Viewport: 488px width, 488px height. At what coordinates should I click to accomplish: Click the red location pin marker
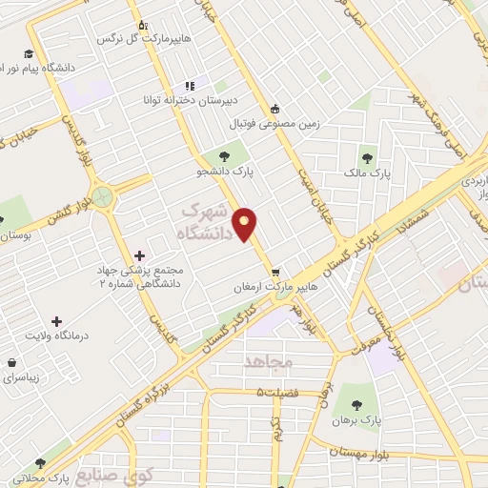[246, 225]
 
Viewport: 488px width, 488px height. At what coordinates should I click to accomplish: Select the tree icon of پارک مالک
[367, 158]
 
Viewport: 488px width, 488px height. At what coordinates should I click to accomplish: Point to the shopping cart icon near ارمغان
[275, 270]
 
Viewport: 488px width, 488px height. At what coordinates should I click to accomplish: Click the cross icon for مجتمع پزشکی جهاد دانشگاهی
[141, 254]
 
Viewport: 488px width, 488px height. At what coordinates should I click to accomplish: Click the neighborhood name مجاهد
[271, 362]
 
